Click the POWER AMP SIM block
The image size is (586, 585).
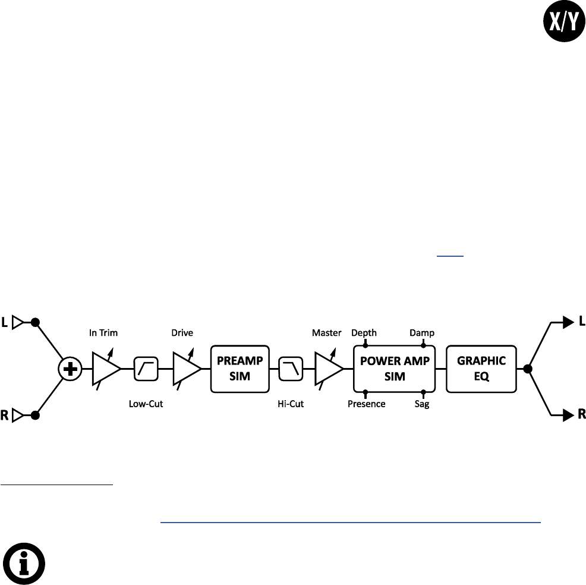point(394,369)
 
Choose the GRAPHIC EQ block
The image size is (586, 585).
point(481,369)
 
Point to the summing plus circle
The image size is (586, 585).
point(71,369)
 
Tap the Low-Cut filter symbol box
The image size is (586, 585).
point(146,369)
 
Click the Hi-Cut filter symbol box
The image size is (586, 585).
point(292,369)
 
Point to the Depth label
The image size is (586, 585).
point(364,333)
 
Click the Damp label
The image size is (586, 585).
point(422,333)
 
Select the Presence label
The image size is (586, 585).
point(367,404)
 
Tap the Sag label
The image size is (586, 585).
point(423,404)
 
